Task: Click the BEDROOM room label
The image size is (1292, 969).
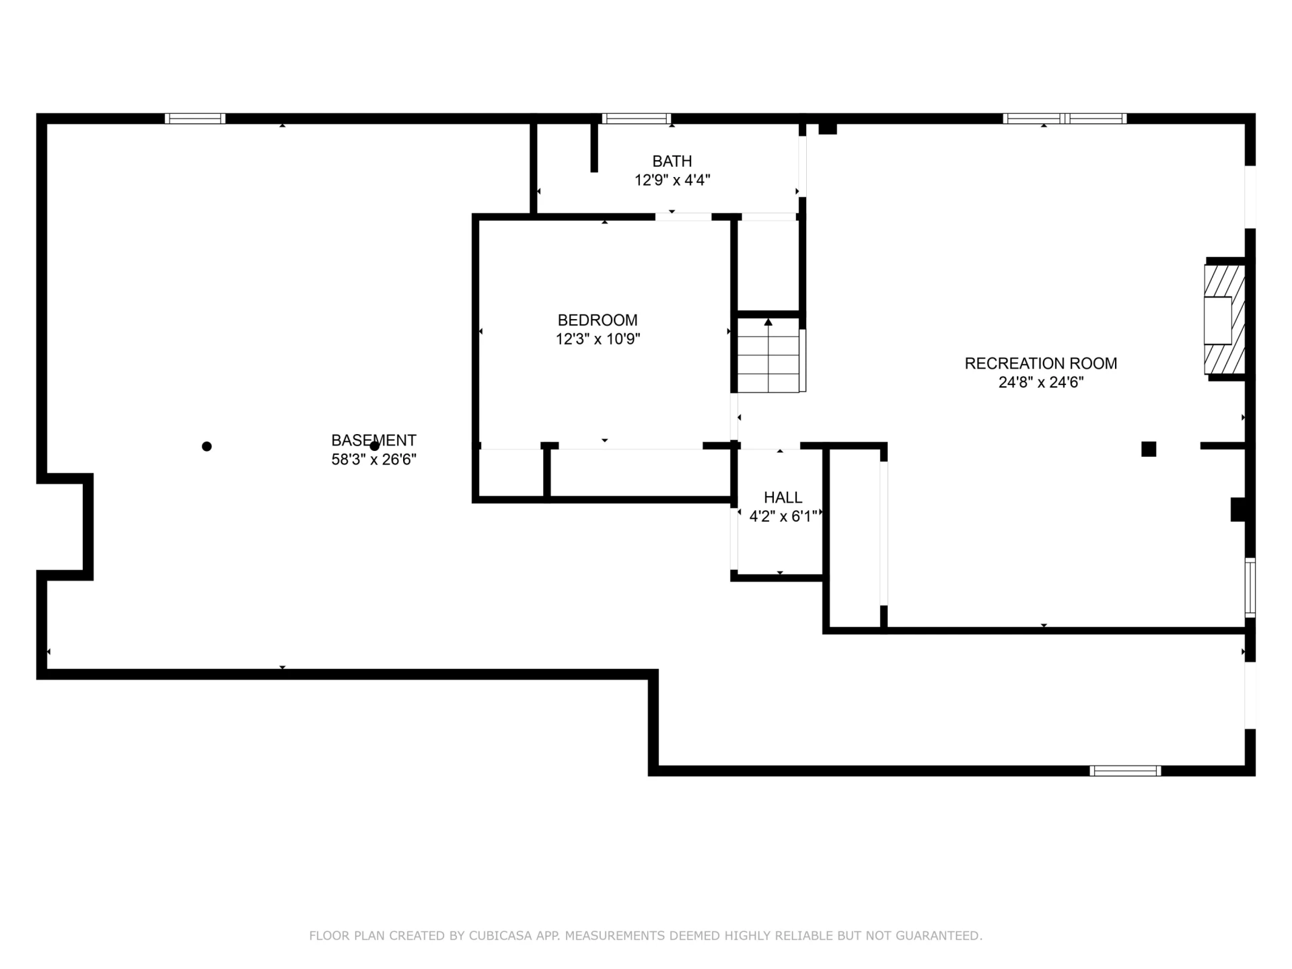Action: click(x=598, y=320)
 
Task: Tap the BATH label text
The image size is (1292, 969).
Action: click(x=672, y=161)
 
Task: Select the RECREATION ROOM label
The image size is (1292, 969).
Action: click(x=1041, y=363)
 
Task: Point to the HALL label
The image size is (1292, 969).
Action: click(x=783, y=497)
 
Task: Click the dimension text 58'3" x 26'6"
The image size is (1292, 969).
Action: click(x=374, y=460)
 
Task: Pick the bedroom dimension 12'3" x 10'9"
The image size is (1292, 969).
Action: click(x=598, y=339)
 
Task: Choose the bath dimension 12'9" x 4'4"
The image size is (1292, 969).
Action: click(x=672, y=180)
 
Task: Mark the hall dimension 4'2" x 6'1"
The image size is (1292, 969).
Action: click(x=783, y=516)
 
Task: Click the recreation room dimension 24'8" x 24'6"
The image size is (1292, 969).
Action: click(x=1041, y=382)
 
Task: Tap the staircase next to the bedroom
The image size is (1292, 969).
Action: click(x=769, y=355)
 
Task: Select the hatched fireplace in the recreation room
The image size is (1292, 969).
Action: click(x=1225, y=320)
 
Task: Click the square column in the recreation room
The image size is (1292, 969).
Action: click(x=1149, y=449)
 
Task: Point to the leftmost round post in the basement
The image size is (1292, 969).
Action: click(x=207, y=446)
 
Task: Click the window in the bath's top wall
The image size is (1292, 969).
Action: click(x=637, y=118)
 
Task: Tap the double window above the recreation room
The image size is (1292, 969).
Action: click(x=1065, y=118)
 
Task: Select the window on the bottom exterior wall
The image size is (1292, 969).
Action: click(x=1125, y=771)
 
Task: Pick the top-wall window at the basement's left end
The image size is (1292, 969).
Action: click(x=195, y=118)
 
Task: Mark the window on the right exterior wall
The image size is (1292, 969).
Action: click(x=1250, y=587)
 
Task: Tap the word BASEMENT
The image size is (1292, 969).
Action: click(x=374, y=441)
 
